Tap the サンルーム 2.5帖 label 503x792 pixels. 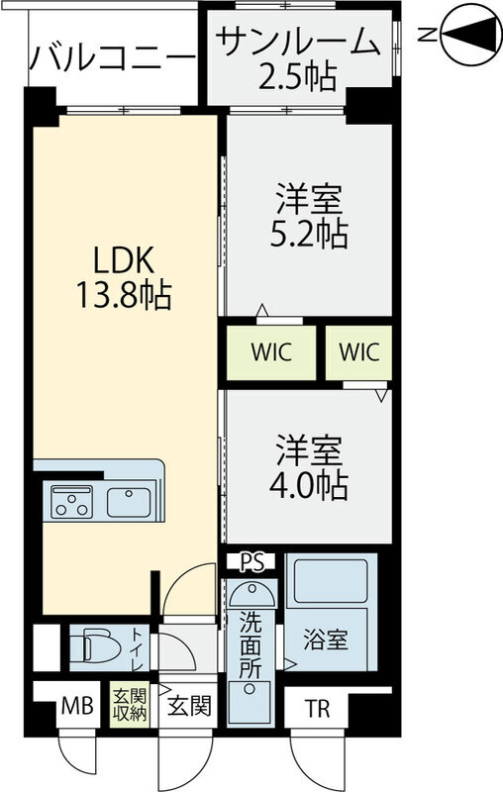[297, 57]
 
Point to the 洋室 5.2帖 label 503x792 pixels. [308, 217]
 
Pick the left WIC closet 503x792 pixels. [270, 353]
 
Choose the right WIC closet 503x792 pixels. [357, 352]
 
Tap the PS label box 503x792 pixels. [252, 562]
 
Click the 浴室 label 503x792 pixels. [325, 640]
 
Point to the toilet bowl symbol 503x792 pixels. [97, 645]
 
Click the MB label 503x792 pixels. [77, 707]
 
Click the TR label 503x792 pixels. [317, 708]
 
